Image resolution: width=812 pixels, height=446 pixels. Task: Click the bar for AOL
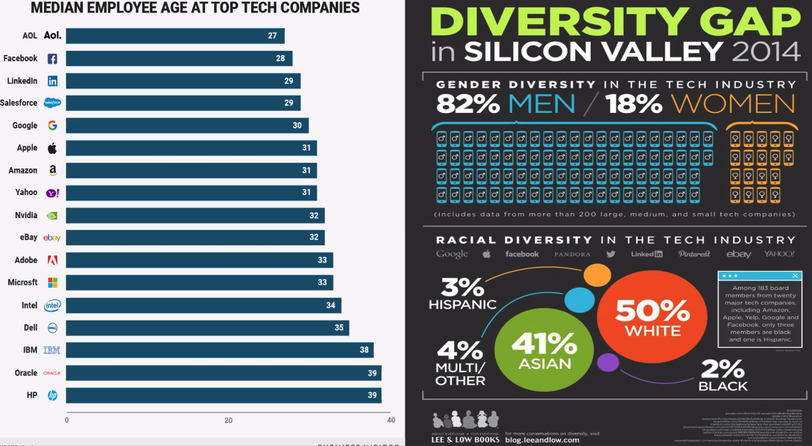click(x=174, y=36)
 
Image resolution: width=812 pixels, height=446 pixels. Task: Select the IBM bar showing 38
click(x=220, y=350)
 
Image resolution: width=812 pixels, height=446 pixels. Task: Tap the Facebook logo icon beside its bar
click(x=52, y=59)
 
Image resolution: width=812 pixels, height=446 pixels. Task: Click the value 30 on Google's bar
click(x=297, y=125)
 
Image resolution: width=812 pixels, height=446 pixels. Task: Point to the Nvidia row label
click(x=26, y=215)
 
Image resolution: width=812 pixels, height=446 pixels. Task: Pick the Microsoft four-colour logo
click(x=52, y=282)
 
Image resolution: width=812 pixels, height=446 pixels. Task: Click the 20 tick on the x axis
click(x=228, y=420)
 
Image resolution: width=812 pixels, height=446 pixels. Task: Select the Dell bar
click(x=207, y=328)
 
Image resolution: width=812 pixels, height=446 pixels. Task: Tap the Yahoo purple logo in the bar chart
click(x=52, y=193)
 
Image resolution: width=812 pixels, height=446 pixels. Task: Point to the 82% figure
click(x=468, y=104)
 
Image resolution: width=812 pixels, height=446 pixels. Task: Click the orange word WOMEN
click(x=732, y=104)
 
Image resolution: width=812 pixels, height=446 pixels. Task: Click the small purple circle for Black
click(x=608, y=362)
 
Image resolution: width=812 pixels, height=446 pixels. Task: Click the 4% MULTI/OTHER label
click(x=460, y=363)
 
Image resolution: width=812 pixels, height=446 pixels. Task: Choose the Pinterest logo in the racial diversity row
click(x=693, y=254)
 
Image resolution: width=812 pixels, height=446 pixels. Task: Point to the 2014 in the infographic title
click(x=764, y=52)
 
